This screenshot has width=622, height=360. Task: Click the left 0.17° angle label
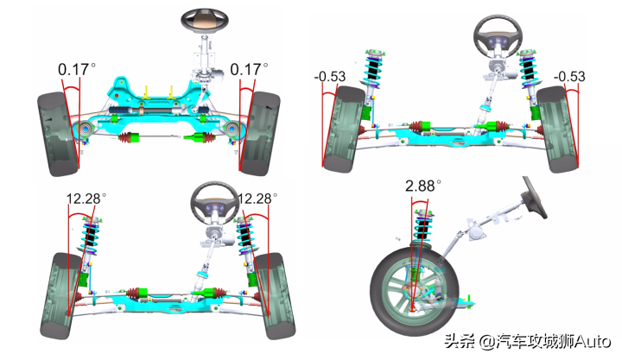point(77,69)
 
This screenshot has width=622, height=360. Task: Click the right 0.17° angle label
point(249,69)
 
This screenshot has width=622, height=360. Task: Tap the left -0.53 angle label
point(330,76)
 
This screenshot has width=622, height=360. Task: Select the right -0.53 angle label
point(569,76)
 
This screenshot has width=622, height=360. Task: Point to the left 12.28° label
point(86,199)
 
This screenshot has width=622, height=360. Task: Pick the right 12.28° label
point(257,199)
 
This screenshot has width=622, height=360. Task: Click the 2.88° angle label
point(423,186)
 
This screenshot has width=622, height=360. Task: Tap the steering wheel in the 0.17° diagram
point(205,20)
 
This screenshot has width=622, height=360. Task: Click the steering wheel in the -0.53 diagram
point(498,37)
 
